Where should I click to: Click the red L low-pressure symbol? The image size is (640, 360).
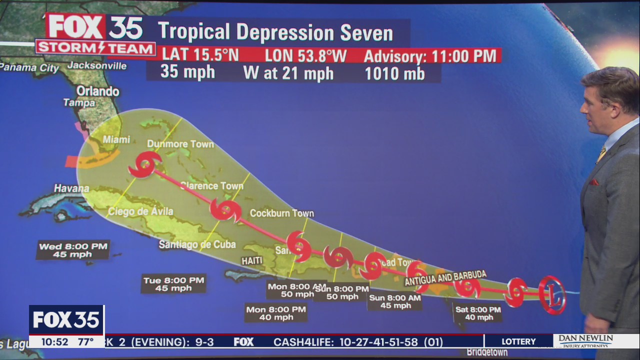pyautogui.click(x=552, y=295)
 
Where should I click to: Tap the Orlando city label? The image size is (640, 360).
pyautogui.click(x=98, y=91)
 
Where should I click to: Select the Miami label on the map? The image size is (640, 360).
pyautogui.click(x=116, y=139)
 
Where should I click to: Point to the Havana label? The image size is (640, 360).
pyautogui.click(x=71, y=188)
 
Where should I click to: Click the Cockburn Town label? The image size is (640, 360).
pyautogui.click(x=281, y=213)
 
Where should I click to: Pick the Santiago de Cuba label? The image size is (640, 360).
pyautogui.click(x=197, y=244)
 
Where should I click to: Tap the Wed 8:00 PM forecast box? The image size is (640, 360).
pyautogui.click(x=73, y=250)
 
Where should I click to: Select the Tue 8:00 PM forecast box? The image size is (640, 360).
pyautogui.click(x=173, y=284)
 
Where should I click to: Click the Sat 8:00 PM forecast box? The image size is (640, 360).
pyautogui.click(x=478, y=313)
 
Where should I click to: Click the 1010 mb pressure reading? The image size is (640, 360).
pyautogui.click(x=394, y=74)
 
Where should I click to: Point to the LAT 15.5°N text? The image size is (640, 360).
pyautogui.click(x=200, y=55)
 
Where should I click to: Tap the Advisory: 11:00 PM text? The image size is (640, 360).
pyautogui.click(x=430, y=56)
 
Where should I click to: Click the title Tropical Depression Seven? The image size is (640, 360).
pyautogui.click(x=275, y=33)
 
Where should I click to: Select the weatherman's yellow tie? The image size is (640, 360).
pyautogui.click(x=601, y=154)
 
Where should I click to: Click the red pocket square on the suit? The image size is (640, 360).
pyautogui.click(x=593, y=182)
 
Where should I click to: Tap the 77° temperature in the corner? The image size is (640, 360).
pyautogui.click(x=85, y=342)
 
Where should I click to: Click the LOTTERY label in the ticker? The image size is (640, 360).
pyautogui.click(x=518, y=341)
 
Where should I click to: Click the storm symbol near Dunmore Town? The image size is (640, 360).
pyautogui.click(x=144, y=164)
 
